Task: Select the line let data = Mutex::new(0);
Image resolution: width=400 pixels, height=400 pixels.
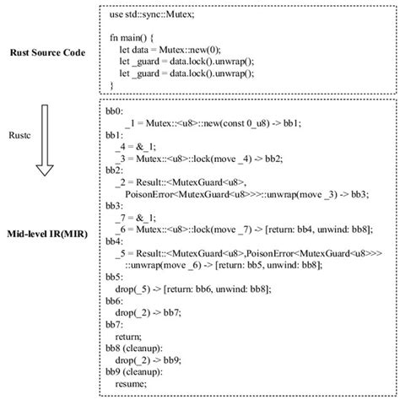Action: point(174,51)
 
